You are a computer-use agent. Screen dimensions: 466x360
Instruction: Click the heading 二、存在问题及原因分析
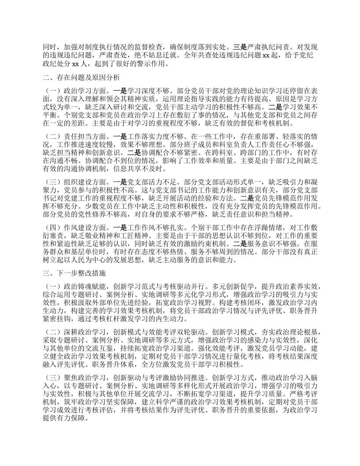81,78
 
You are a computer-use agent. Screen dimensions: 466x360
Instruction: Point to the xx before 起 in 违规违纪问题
265,56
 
